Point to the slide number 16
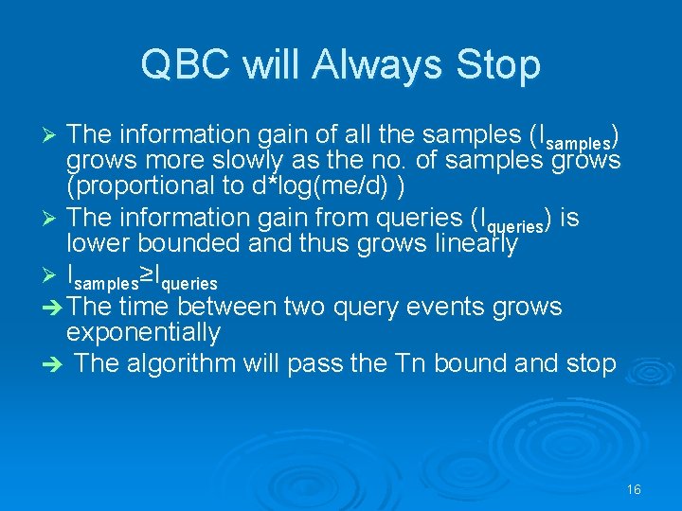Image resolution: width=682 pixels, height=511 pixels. tap(634, 489)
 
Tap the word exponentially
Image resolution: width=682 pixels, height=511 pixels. tap(143, 333)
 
